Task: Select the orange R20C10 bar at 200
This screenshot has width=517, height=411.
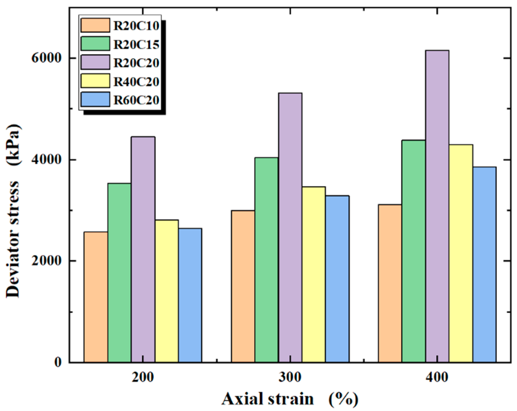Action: [96, 297]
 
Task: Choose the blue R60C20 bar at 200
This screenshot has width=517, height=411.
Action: [190, 295]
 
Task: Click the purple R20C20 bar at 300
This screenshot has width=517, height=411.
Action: [290, 227]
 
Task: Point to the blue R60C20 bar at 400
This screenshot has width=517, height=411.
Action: [484, 264]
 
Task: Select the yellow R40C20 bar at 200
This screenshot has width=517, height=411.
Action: [167, 291]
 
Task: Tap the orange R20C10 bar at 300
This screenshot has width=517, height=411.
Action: [243, 286]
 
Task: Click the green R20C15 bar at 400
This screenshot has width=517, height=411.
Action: [413, 251]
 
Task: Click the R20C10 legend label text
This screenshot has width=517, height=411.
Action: [136, 26]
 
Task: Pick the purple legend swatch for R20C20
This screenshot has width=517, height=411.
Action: [95, 62]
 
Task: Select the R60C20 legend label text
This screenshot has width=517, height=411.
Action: [136, 100]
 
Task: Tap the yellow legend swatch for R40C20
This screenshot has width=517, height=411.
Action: [95, 81]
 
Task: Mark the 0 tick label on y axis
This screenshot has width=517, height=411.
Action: [58, 362]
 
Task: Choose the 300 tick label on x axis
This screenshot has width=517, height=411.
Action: [290, 377]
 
